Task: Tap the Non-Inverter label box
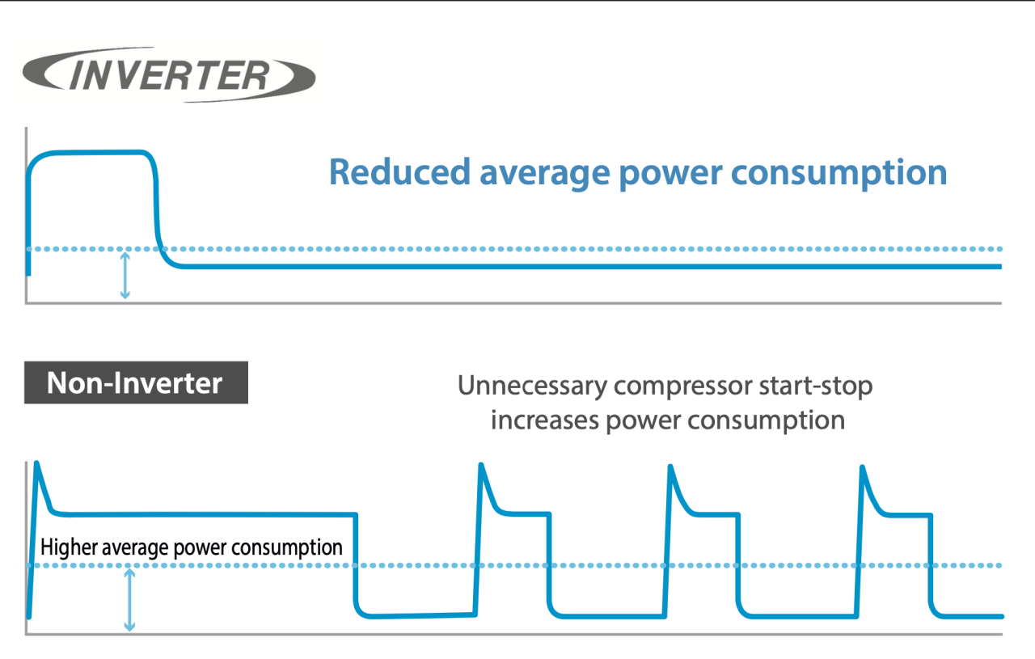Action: [135, 382]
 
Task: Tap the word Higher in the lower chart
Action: [69, 547]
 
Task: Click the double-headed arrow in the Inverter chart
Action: [125, 276]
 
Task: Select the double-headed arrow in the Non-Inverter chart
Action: [129, 599]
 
